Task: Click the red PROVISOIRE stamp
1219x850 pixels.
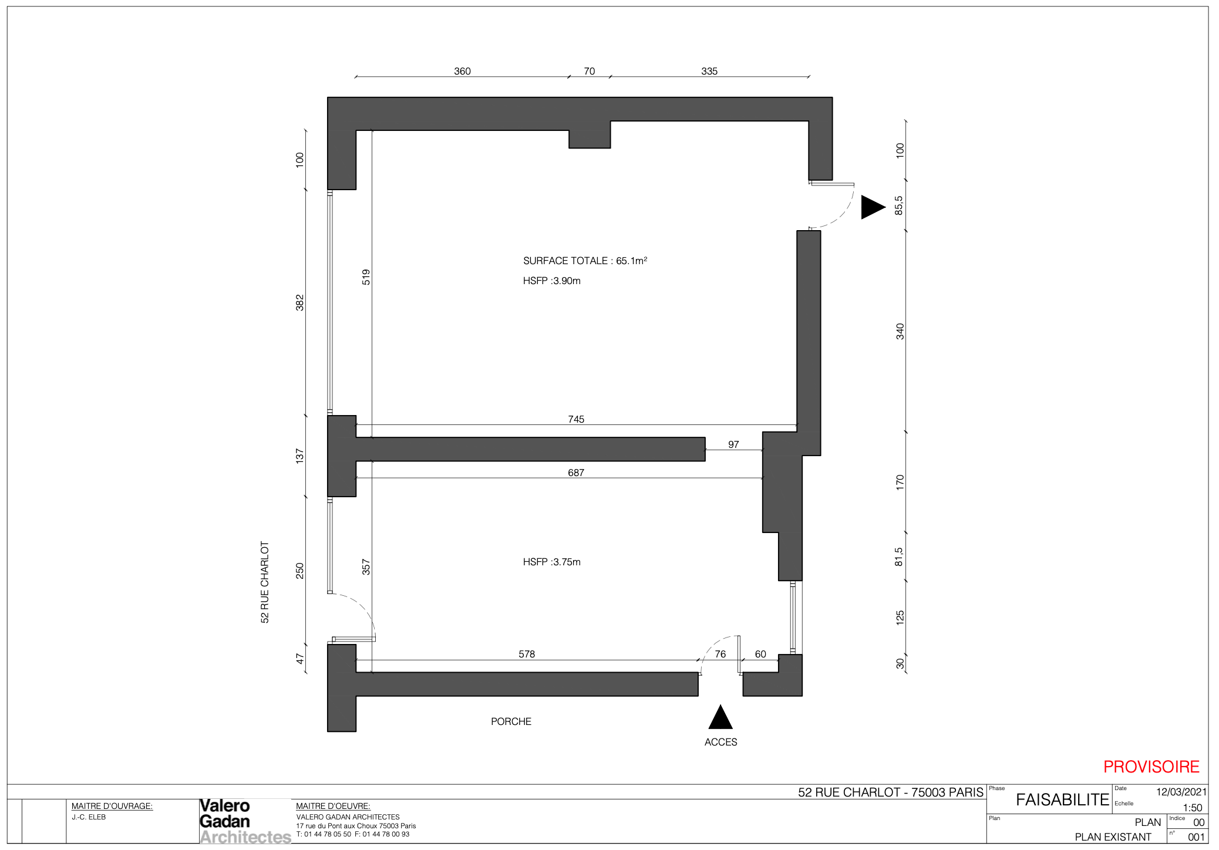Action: [x=1151, y=767]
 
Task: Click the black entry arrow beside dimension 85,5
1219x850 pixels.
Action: [x=873, y=207]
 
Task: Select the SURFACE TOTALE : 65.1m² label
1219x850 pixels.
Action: [x=585, y=261]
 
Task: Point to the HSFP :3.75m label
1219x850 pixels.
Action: [x=551, y=562]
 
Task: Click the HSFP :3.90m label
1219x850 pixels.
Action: [x=551, y=281]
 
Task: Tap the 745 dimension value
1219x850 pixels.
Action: [x=576, y=419]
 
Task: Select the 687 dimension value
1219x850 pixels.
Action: [x=576, y=473]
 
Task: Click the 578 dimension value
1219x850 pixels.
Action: [x=527, y=654]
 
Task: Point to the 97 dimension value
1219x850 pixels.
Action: [x=733, y=444]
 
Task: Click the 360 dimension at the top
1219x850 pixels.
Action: [x=462, y=71]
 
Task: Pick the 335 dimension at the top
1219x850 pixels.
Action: [x=709, y=71]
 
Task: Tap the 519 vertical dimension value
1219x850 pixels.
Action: [x=366, y=277]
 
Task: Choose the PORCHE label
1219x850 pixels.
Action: [x=511, y=721]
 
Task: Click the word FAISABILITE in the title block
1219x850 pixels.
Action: [x=1062, y=800]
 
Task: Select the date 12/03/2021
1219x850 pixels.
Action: [x=1181, y=792]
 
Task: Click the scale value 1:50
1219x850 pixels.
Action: [x=1193, y=808]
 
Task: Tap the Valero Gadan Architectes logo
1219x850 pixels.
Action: [x=245, y=821]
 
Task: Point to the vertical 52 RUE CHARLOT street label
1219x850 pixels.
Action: [x=265, y=582]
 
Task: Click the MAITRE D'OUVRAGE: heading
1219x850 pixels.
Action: [x=112, y=806]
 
